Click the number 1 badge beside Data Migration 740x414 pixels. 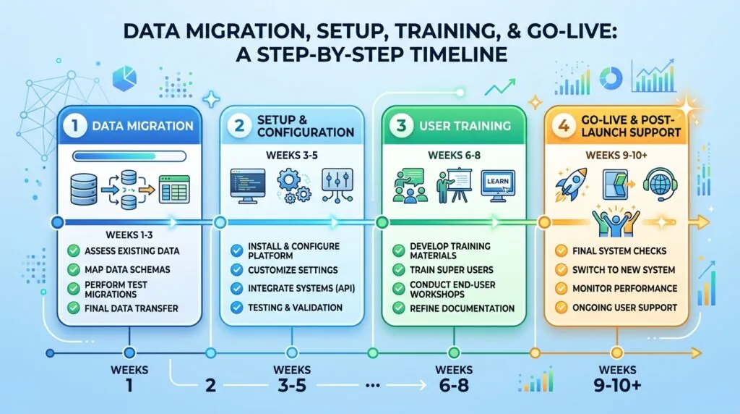pyautogui.click(x=74, y=126)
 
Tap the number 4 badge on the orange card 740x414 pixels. pyautogui.click(x=564, y=126)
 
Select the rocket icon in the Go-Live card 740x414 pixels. pyautogui.click(x=571, y=185)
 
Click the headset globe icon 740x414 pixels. pyautogui.click(x=661, y=185)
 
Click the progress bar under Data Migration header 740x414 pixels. pyautogui.click(x=129, y=156)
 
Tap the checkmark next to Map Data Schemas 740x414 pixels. pyautogui.click(x=73, y=269)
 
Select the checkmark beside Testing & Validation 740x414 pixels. pyautogui.click(x=236, y=308)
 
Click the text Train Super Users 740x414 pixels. pyautogui.click(x=451, y=270)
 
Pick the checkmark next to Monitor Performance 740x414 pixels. pyautogui.click(x=561, y=288)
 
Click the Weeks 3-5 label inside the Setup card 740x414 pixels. pyautogui.click(x=292, y=155)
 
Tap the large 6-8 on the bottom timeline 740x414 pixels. pyautogui.click(x=454, y=386)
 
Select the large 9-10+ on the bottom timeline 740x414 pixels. pyautogui.click(x=617, y=386)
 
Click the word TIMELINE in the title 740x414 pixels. pyautogui.click(x=452, y=54)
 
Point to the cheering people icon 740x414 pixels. pyautogui.click(x=616, y=221)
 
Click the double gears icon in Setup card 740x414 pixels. pyautogui.click(x=293, y=186)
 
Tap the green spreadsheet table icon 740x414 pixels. pyautogui.click(x=174, y=189)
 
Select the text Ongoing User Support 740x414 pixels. pyautogui.click(x=624, y=308)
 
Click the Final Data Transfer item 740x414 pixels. pyautogui.click(x=132, y=308)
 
